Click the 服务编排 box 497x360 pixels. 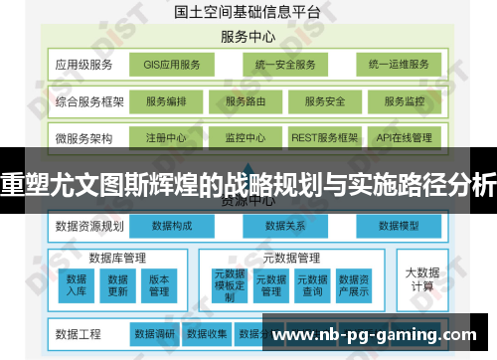pos(166,101)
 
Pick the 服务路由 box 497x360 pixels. pos(246,101)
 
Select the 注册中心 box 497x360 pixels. pos(166,137)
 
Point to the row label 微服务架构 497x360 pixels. pos(85,137)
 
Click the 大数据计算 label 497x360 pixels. pos(420,278)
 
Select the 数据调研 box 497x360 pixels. pos(155,333)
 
